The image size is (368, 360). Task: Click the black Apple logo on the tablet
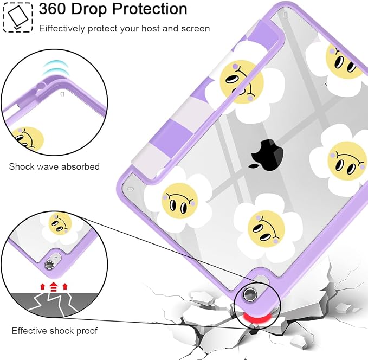(x=266, y=155)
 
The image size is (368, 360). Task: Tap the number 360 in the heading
(x=53, y=9)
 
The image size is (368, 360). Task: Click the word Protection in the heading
(x=150, y=9)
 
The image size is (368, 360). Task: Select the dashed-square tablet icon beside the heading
(x=17, y=17)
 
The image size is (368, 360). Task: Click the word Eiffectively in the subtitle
(x=62, y=29)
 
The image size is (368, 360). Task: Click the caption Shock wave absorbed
(x=54, y=166)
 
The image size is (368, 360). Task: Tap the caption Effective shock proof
(x=54, y=331)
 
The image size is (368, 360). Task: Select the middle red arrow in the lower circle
(x=54, y=286)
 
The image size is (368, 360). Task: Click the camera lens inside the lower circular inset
(x=49, y=265)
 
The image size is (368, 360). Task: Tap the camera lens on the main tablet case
(x=249, y=294)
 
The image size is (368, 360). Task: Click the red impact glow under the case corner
(x=256, y=318)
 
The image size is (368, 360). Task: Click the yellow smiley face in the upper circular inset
(x=29, y=139)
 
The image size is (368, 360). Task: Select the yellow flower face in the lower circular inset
(x=60, y=223)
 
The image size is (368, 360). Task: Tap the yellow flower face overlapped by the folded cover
(x=242, y=82)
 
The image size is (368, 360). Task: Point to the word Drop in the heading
(x=89, y=9)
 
